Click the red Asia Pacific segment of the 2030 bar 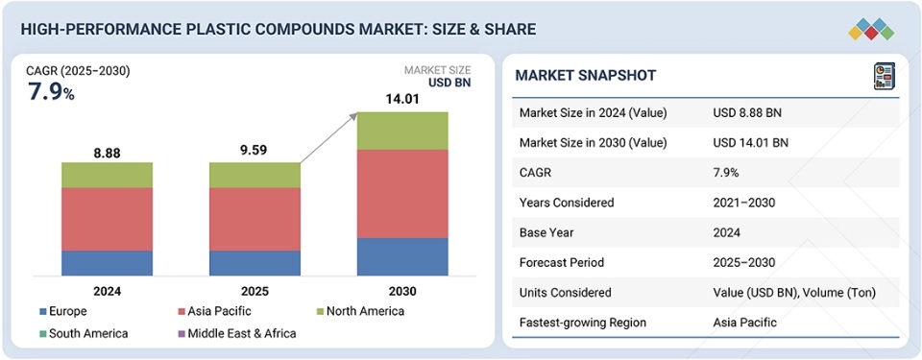click(x=402, y=194)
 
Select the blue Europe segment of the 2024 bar click(x=107, y=264)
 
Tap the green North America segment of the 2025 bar click(x=255, y=176)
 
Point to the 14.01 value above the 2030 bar click(x=402, y=99)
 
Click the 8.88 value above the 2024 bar click(x=107, y=153)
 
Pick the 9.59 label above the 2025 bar click(x=253, y=150)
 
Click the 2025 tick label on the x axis click(x=255, y=291)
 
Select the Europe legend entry click(x=63, y=311)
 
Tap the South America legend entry click(x=84, y=333)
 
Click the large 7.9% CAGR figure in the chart click(x=51, y=92)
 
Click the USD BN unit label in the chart click(x=449, y=83)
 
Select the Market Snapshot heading click(x=586, y=75)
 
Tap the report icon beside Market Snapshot click(x=885, y=77)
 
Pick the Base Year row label click(x=546, y=232)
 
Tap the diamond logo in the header click(x=871, y=29)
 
